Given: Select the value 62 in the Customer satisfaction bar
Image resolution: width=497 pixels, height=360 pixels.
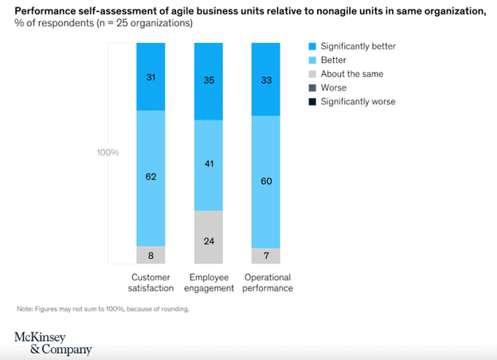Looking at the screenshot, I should (x=151, y=178).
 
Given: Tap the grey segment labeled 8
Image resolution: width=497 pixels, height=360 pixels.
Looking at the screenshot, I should (x=151, y=256).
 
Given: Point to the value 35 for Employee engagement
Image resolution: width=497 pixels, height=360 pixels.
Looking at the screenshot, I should (x=209, y=80).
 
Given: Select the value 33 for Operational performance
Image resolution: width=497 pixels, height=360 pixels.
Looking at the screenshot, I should (x=266, y=79).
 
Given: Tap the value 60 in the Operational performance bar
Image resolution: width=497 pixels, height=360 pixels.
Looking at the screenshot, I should (x=266, y=181).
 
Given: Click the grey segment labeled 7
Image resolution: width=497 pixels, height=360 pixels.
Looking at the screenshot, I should (x=266, y=256).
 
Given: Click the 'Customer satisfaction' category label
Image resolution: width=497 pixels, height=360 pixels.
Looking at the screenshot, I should (x=151, y=282).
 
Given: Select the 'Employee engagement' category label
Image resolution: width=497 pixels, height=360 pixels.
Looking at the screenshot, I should (x=209, y=282).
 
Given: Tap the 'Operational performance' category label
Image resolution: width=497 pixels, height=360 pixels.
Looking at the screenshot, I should (x=266, y=282).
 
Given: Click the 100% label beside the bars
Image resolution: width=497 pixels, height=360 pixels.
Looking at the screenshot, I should (x=107, y=152).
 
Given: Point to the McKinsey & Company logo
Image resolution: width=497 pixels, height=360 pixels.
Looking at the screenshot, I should (x=53, y=342).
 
